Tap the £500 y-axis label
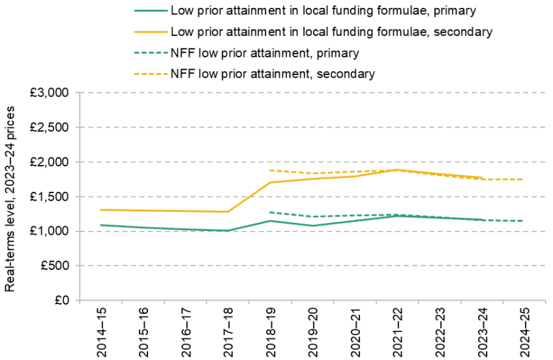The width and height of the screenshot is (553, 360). click(x=55, y=265)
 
